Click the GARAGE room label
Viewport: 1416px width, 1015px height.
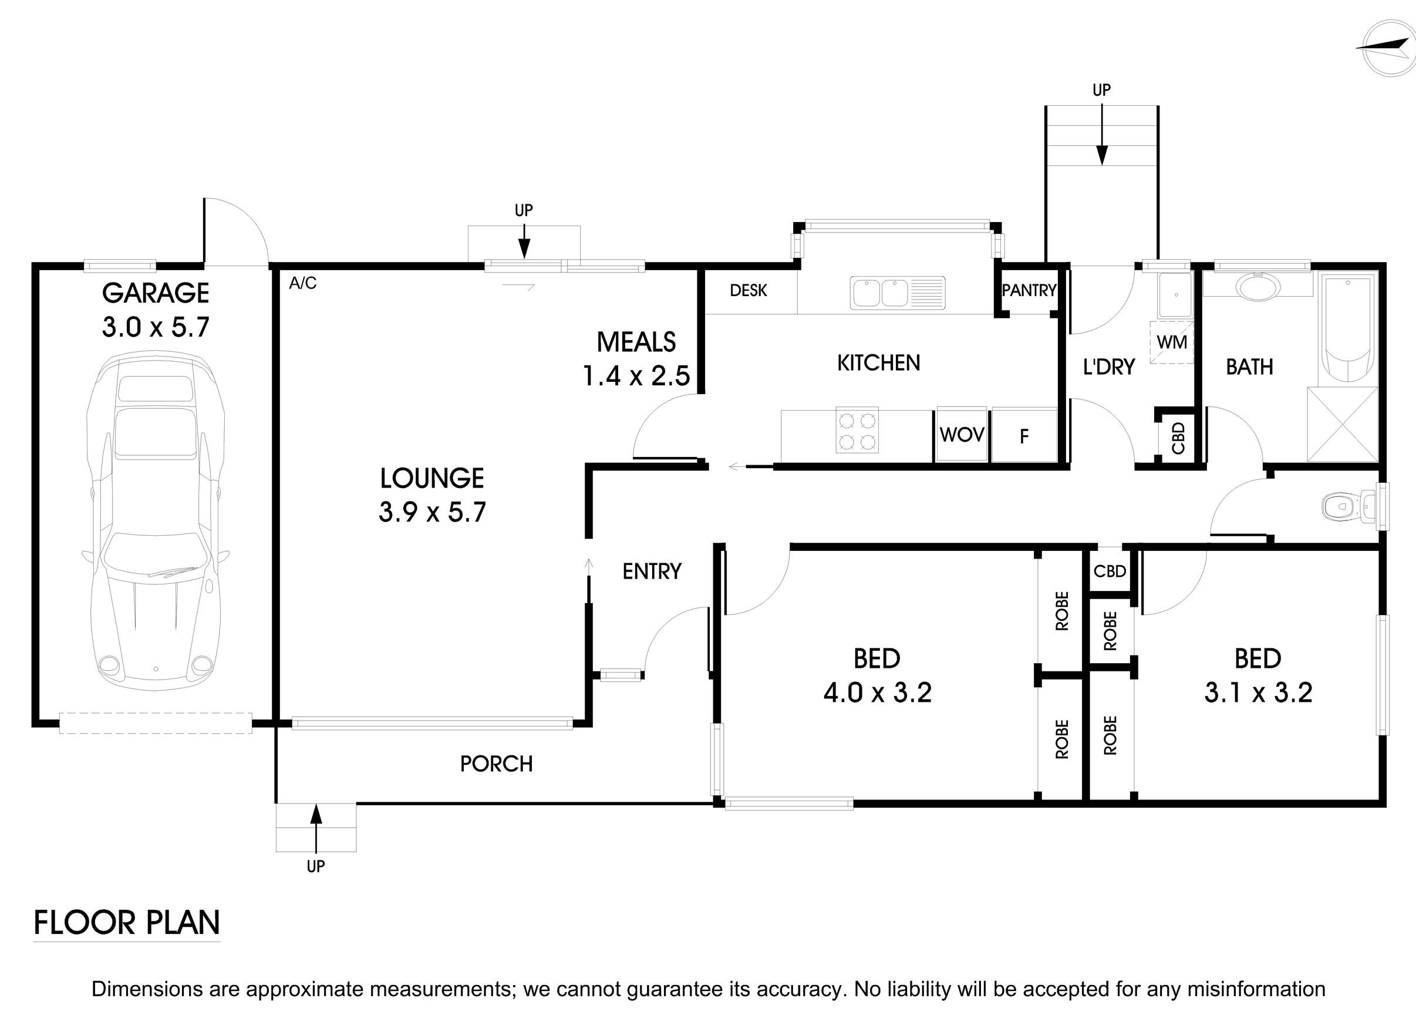(x=156, y=293)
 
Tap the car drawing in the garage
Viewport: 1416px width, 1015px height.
(x=155, y=522)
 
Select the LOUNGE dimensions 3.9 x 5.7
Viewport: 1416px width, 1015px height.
(x=432, y=512)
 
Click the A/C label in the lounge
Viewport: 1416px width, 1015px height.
(x=303, y=284)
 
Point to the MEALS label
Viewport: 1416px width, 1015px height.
(x=636, y=342)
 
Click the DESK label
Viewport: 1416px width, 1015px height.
(x=748, y=290)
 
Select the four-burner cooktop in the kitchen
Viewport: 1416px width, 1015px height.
(x=857, y=430)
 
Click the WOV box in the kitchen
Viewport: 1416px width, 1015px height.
(x=962, y=435)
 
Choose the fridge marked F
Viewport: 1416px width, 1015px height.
(x=1023, y=435)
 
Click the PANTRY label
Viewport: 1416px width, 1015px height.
(x=1029, y=290)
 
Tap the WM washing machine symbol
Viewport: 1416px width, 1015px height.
(x=1171, y=342)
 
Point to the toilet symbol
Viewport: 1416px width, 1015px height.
(x=1343, y=506)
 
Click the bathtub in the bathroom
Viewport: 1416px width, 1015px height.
(x=1349, y=331)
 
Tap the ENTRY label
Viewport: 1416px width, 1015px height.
(x=652, y=572)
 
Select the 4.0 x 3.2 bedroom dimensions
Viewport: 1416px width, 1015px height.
(x=877, y=693)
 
